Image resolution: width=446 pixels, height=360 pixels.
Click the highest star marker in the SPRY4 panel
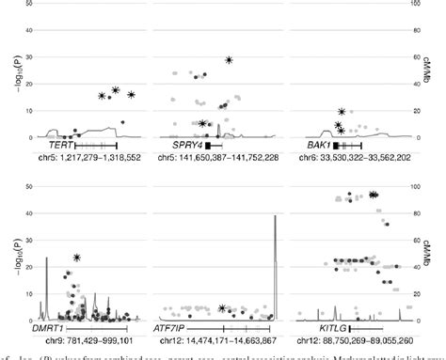coord(229,60)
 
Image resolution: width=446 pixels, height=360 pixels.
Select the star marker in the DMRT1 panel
coord(77,258)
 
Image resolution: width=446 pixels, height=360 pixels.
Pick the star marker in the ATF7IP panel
coord(222,307)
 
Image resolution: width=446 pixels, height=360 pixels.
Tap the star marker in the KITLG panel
coord(374,195)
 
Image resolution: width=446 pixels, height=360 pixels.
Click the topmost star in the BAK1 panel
coord(342,112)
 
